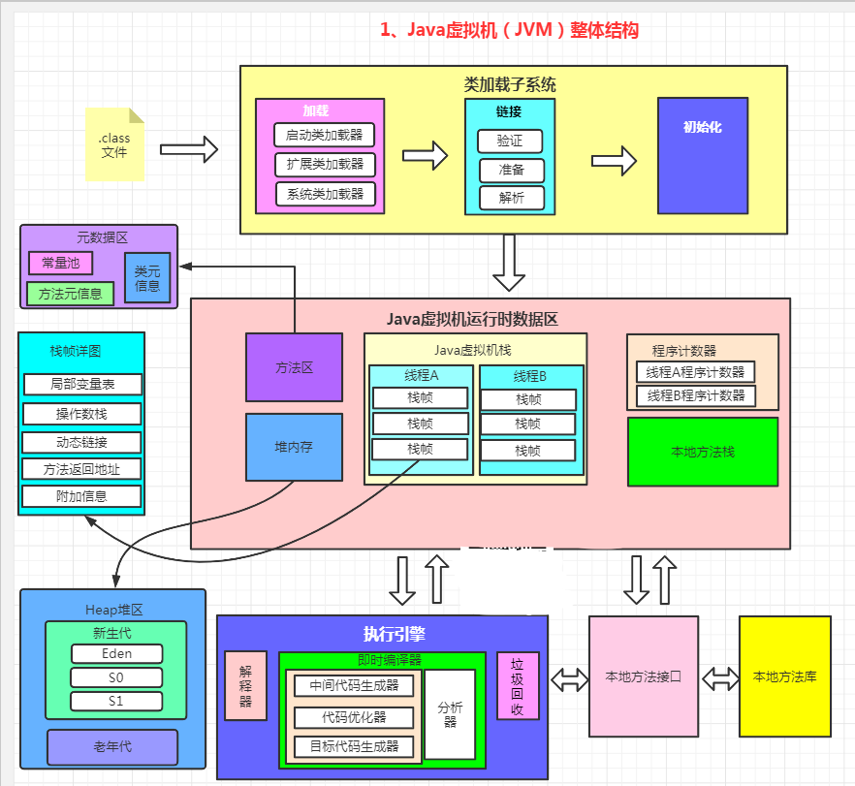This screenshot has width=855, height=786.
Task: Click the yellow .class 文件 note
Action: (114, 145)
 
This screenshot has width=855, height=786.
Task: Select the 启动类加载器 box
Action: (325, 135)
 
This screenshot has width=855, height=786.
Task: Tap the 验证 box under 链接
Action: (510, 141)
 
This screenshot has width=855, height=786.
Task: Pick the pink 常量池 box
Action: (61, 262)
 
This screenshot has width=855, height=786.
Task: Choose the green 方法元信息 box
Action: (71, 293)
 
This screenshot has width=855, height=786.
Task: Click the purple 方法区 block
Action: (294, 367)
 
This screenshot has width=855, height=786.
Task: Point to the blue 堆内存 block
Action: (294, 447)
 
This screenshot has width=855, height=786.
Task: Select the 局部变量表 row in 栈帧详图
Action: (82, 385)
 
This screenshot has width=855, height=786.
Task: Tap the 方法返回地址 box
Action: (82, 469)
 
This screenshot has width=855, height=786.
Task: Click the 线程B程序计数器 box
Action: (695, 395)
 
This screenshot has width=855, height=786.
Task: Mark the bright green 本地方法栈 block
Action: (703, 452)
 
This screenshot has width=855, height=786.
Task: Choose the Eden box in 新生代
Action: (116, 654)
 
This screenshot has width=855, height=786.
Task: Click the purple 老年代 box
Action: (112, 747)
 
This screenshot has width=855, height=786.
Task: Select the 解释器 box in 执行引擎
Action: (245, 685)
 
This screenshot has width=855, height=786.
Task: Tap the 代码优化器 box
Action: (354, 717)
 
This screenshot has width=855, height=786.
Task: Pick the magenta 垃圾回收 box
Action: (518, 685)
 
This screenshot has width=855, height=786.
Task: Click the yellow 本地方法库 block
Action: (785, 676)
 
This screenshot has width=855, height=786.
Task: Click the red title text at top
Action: (509, 30)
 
